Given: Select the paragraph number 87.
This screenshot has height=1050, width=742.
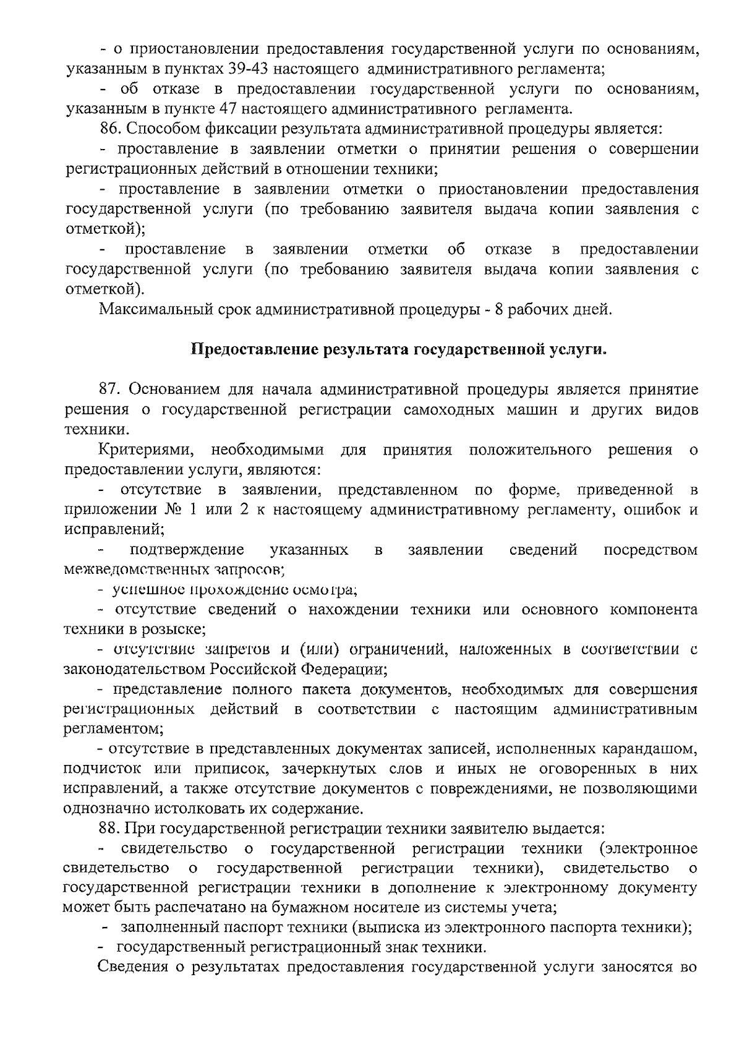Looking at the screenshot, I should (111, 390).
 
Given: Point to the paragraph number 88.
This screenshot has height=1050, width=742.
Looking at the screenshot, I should (111, 828).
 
